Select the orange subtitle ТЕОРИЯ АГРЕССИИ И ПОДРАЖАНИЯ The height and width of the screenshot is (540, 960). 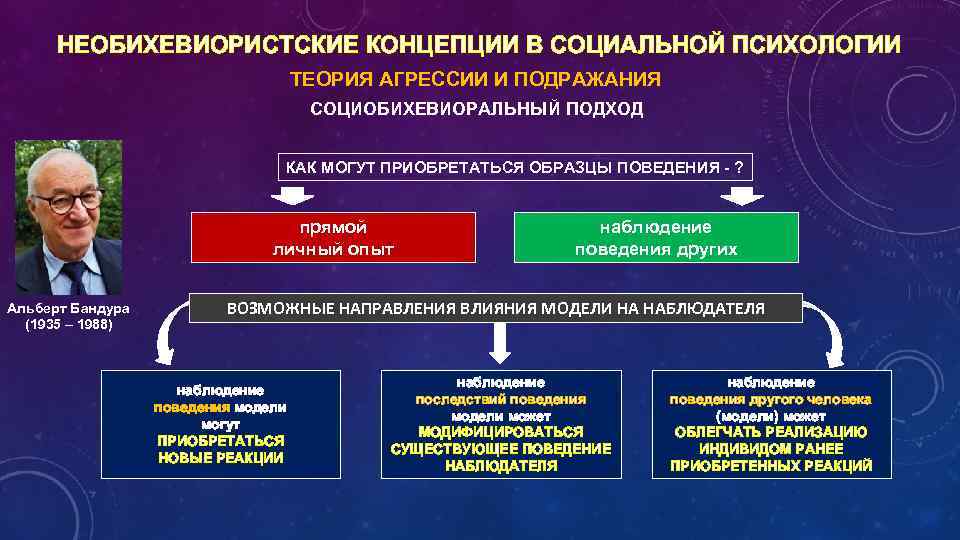475,79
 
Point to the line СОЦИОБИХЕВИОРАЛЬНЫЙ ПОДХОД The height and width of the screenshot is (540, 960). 477,109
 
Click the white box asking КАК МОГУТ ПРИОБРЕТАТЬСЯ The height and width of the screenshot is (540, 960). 514,166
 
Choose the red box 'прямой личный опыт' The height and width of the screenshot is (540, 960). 333,238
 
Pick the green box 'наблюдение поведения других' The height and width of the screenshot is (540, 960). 656,238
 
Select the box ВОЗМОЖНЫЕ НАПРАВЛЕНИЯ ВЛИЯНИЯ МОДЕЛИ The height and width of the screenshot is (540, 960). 496,308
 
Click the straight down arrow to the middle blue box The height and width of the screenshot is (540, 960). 501,343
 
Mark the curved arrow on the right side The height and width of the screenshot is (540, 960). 833,335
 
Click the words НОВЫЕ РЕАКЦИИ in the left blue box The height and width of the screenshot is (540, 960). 221,458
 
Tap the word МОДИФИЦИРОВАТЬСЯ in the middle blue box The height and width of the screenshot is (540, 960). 501,432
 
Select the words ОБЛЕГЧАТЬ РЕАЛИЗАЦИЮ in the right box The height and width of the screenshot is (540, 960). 771,432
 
